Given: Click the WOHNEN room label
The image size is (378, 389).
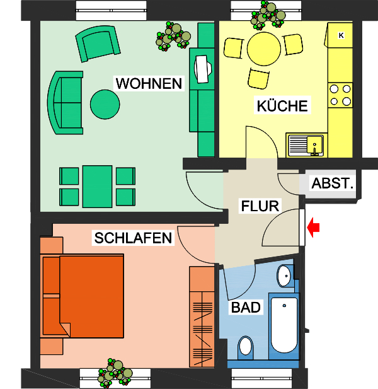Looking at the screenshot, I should tap(148, 83).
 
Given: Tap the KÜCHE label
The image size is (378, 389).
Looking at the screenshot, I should tap(282, 105).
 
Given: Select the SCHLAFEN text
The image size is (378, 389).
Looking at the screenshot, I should tap(133, 238).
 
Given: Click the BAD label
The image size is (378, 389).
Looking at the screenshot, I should tap(246, 308).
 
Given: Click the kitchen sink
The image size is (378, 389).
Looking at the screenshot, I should tap(305, 144).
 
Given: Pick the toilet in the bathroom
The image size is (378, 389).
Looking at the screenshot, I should tap(245, 346).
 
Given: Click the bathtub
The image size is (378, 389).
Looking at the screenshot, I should tap(283, 325).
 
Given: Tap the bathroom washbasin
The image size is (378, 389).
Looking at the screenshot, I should tap(285, 274).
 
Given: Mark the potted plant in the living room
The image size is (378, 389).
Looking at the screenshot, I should tap(173, 37).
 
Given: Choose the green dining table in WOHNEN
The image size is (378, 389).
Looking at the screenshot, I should tap(97, 186).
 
